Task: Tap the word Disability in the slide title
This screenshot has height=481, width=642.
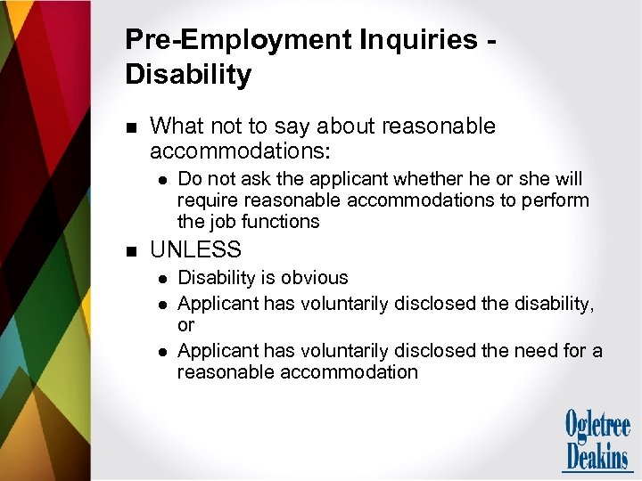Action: [188, 75]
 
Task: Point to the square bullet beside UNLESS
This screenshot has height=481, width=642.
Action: [131, 251]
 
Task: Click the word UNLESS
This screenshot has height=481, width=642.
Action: [195, 250]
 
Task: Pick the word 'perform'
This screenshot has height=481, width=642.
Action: [557, 200]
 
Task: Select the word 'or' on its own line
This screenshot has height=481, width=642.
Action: [186, 326]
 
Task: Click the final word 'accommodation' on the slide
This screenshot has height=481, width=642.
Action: [350, 372]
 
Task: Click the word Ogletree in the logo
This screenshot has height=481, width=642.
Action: [597, 425]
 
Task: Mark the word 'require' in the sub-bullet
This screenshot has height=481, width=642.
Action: [209, 200]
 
